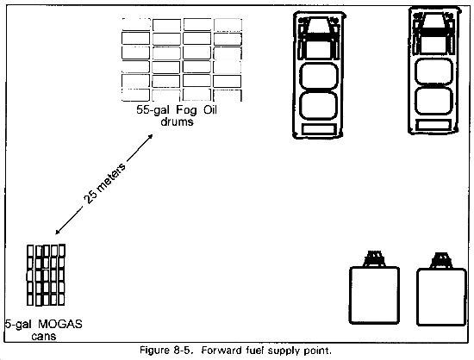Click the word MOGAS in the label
(x=60, y=325)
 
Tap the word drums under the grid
(x=177, y=121)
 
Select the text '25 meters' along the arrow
(x=104, y=183)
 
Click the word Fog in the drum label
(x=186, y=110)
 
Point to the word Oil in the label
(x=210, y=109)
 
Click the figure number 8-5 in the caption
(x=184, y=351)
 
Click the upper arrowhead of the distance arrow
(x=150, y=136)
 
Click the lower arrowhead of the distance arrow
(x=58, y=232)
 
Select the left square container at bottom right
(x=374, y=295)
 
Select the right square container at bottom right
(x=441, y=297)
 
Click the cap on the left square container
(x=374, y=258)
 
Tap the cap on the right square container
(x=442, y=261)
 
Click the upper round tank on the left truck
(x=318, y=77)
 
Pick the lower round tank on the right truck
(x=433, y=101)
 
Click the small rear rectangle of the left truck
(x=319, y=129)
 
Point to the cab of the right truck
(x=433, y=34)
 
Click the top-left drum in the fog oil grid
(x=135, y=24)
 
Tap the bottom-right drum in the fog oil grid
(x=228, y=95)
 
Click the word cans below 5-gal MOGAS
(x=44, y=337)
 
